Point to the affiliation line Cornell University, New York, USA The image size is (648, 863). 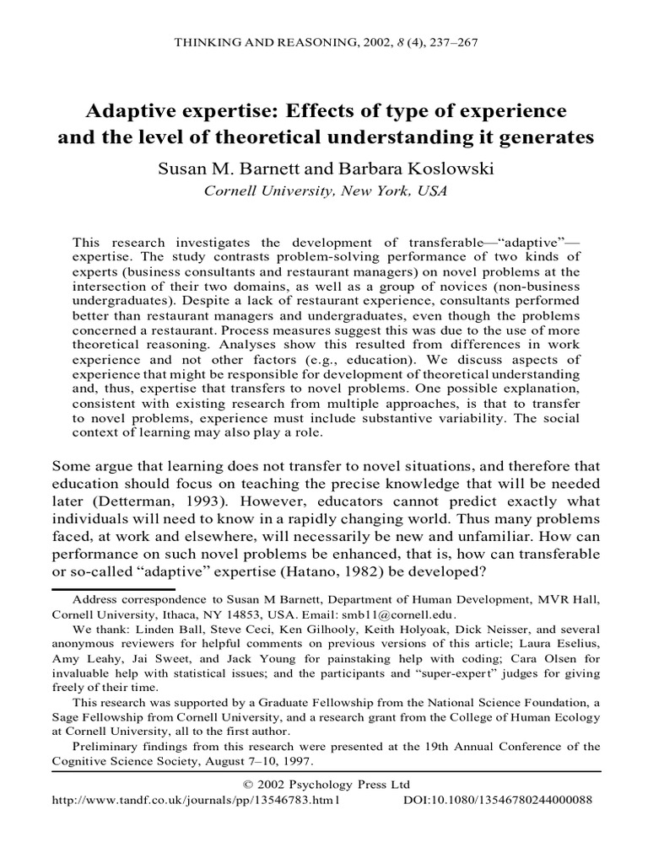click(x=324, y=190)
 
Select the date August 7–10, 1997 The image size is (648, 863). click(x=256, y=761)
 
